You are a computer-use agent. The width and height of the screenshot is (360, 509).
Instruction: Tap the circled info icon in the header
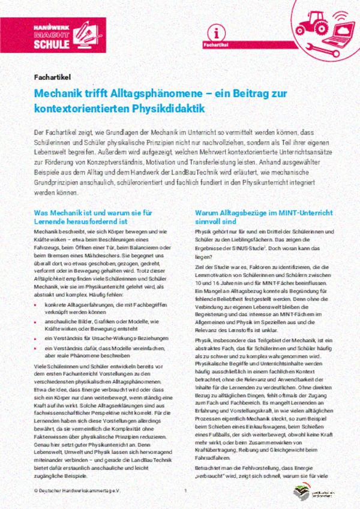tap(220, 32)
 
